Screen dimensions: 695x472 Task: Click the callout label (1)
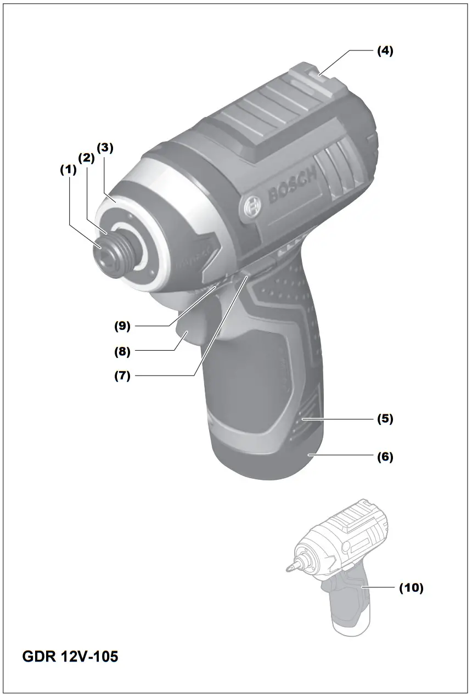pos(69,170)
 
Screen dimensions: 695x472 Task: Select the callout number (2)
pos(87,158)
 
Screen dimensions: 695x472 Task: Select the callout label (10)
pos(411,588)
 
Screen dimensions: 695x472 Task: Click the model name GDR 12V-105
pos(70,656)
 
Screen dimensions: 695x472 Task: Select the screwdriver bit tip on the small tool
pos(289,568)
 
